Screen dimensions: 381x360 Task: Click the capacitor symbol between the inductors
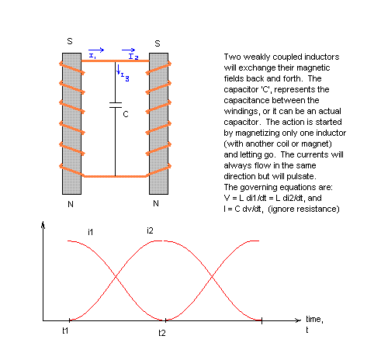[116, 105]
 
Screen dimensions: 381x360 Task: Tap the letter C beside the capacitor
[126, 114]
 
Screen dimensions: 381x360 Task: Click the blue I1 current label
[92, 56]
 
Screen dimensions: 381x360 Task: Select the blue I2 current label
[133, 57]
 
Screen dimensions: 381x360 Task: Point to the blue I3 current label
[125, 77]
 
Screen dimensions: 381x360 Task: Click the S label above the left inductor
[70, 41]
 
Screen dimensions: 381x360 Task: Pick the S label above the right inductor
[158, 43]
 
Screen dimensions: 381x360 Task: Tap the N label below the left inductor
[71, 204]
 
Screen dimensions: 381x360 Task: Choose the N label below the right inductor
[156, 203]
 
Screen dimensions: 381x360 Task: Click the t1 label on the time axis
[65, 331]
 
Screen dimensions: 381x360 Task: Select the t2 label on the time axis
[162, 333]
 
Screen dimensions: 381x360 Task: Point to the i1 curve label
[90, 232]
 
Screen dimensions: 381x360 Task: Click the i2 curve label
[150, 230]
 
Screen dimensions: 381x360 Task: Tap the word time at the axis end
[314, 319]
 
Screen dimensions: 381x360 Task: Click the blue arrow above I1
[96, 50]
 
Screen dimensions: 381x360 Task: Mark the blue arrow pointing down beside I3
[118, 69]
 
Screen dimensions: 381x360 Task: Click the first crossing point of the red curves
[116, 277]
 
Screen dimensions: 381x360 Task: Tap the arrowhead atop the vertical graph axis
[43, 224]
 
